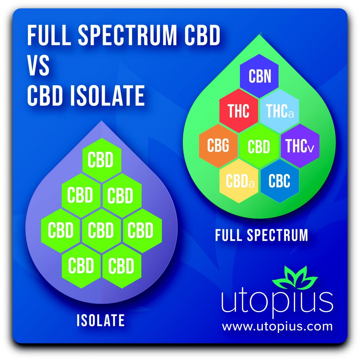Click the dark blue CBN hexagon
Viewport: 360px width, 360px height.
pos(259,76)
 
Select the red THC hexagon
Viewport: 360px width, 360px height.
pos(239,111)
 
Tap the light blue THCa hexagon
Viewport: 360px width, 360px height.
pos(279,111)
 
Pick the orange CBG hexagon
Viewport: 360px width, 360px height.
pos(218,146)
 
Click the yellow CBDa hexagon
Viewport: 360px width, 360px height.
pos(239,181)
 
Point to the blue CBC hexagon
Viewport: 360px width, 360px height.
pos(279,181)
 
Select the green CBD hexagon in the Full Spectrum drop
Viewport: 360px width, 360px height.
pos(259,146)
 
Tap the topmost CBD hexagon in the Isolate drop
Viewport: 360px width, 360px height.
pos(101,160)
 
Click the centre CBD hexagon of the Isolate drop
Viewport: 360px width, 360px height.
pos(101,230)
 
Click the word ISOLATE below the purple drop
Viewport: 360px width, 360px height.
pos(101,320)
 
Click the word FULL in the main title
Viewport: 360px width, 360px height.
pos(49,35)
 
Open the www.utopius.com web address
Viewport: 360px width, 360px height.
pos(277,326)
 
